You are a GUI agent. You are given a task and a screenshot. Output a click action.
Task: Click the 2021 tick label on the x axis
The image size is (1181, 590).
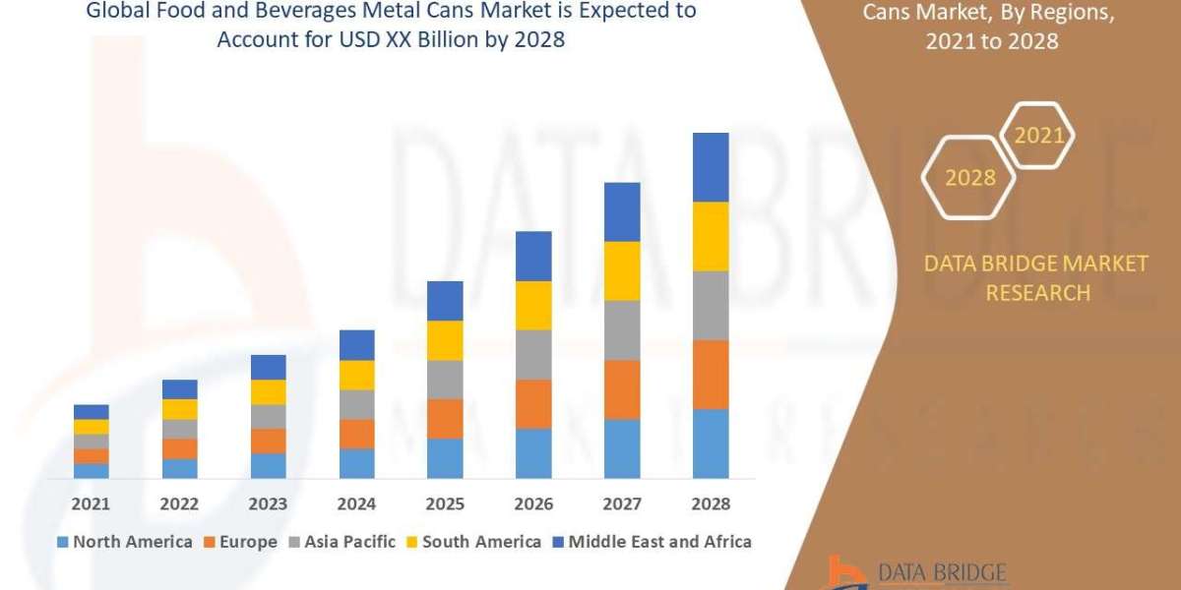91,503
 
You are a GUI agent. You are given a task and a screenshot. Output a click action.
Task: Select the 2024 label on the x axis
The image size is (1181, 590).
356,503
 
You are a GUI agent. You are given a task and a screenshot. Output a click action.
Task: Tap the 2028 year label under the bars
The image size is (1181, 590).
711,503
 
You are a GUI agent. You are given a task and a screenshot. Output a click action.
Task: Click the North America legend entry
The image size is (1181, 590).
125,541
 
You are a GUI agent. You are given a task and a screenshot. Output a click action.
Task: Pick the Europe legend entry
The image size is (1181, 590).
241,541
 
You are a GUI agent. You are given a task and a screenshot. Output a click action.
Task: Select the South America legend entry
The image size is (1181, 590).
473,541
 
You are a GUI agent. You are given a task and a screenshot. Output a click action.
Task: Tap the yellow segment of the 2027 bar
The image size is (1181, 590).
622,270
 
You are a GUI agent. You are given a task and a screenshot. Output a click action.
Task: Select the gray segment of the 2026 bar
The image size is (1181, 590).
533,354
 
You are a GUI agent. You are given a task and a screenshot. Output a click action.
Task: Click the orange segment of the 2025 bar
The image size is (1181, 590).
445,418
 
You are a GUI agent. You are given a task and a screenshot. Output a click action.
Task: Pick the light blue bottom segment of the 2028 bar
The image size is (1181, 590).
711,442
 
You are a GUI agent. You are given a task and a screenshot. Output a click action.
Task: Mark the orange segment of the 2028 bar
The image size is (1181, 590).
711,374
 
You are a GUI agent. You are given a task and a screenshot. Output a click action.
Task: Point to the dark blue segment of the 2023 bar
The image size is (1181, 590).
268,367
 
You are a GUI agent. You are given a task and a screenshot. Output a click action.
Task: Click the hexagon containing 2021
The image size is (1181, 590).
1037,135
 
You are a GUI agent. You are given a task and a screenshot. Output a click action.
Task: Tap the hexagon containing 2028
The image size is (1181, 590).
969,178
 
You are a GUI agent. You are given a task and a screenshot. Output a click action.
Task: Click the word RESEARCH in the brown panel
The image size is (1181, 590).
1037,293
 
